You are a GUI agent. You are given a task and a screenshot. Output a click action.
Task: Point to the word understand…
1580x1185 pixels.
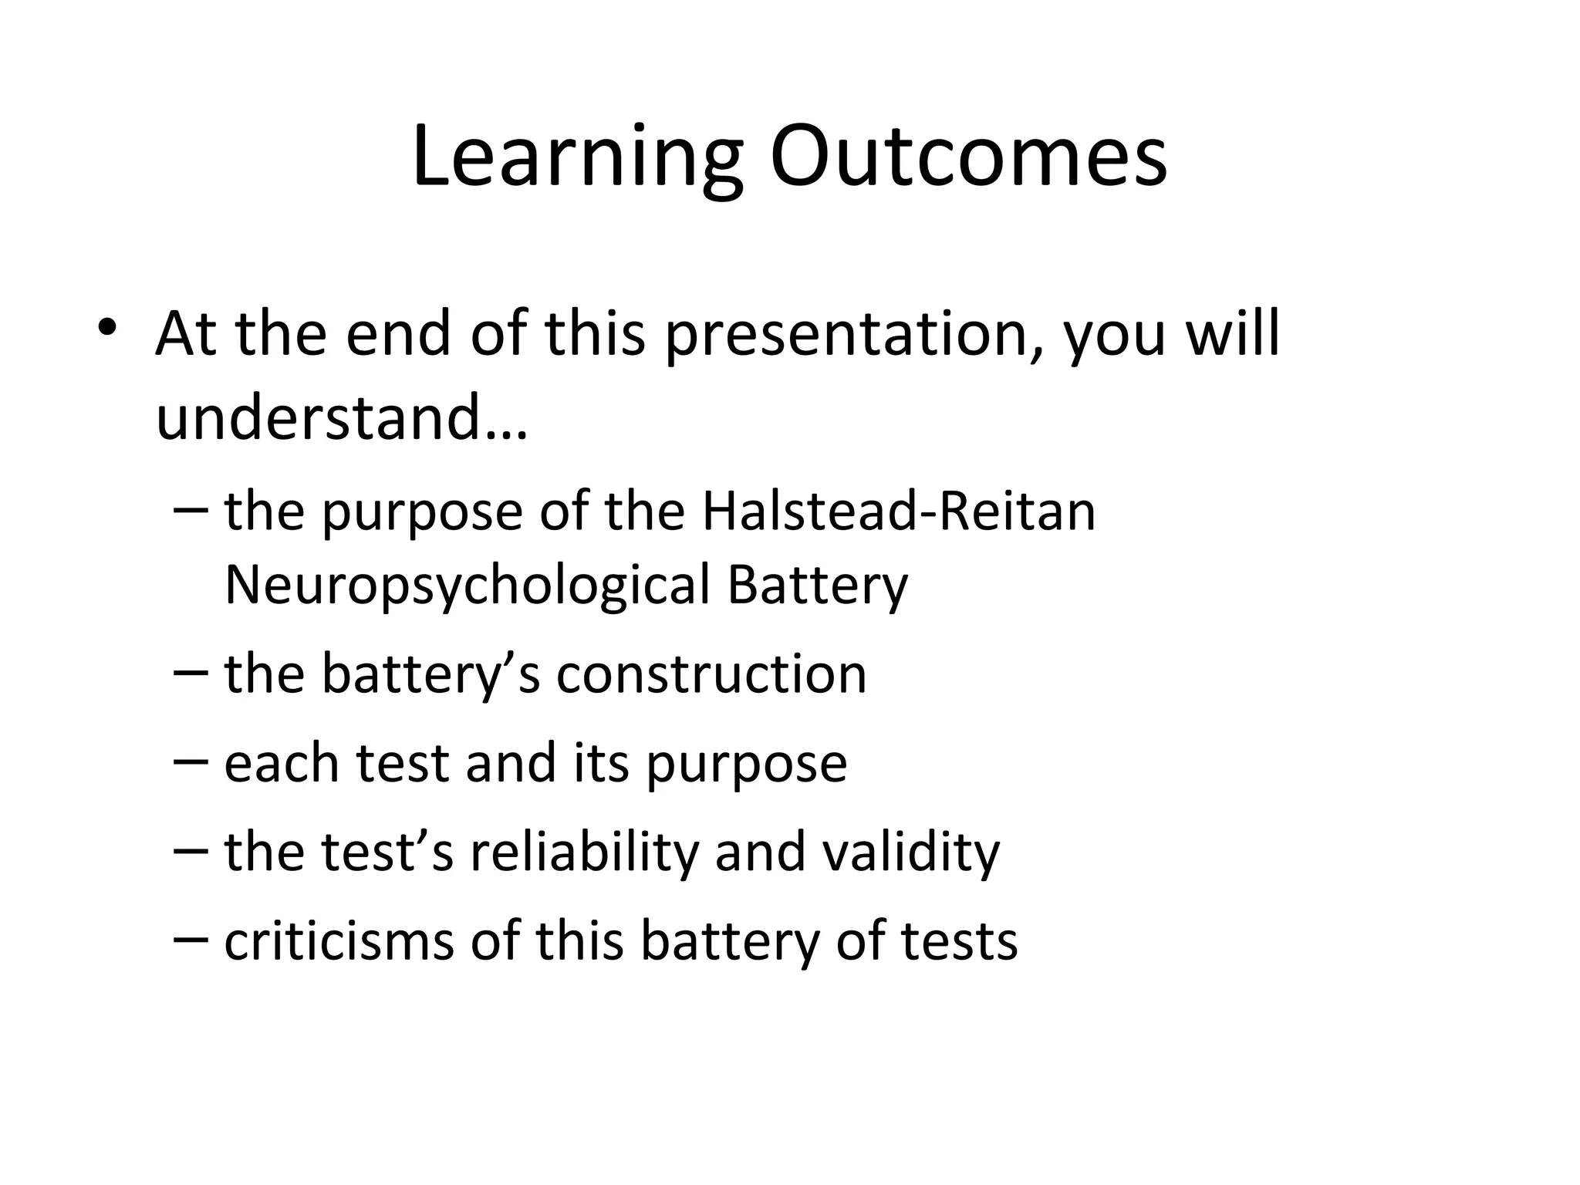coord(342,417)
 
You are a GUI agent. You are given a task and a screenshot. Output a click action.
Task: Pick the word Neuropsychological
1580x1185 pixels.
coord(467,586)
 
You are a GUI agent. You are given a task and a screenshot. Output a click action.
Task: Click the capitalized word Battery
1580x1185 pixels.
coord(817,586)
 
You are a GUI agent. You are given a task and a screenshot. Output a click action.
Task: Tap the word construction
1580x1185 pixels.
coord(711,674)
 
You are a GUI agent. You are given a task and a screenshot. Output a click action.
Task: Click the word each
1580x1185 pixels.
coord(282,763)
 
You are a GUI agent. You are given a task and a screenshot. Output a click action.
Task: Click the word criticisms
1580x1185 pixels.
coord(339,940)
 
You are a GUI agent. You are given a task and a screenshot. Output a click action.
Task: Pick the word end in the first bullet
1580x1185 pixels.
coord(397,333)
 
